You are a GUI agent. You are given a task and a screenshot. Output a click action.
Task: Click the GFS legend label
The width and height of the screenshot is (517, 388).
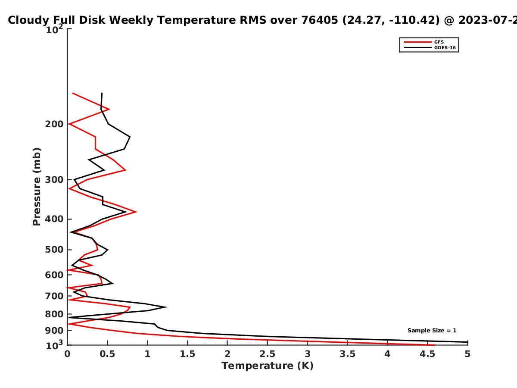coord(439,42)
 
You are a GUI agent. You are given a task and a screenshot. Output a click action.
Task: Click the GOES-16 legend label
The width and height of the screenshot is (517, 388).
coord(445,47)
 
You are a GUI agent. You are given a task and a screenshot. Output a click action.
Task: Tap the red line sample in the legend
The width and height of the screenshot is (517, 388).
coord(418,42)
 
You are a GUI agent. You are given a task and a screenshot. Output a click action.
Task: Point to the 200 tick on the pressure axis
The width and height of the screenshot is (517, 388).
coord(54,124)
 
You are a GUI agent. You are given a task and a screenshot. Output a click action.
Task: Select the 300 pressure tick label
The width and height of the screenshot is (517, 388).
coord(54,180)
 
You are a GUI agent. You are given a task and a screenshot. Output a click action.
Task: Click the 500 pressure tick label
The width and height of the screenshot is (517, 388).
coord(54,250)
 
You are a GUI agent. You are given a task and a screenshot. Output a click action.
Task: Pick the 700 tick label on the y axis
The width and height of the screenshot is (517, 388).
coord(54,296)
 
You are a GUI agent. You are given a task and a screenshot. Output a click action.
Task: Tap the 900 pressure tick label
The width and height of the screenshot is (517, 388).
coord(54,331)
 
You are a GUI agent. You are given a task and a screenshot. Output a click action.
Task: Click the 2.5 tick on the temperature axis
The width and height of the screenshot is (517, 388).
coord(268,354)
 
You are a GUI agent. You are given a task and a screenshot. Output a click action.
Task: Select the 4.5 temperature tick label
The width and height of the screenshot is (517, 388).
coord(427,354)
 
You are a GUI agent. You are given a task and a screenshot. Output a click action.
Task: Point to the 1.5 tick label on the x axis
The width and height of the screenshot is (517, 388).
coord(187,354)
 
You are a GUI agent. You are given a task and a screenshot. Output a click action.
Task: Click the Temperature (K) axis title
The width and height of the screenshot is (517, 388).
coord(268,366)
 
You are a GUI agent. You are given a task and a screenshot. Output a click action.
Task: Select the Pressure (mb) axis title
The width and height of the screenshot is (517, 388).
coord(37,187)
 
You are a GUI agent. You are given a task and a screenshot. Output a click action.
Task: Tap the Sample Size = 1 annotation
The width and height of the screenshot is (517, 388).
coord(432,331)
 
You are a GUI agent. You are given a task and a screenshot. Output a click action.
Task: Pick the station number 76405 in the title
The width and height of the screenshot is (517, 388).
coord(320,20)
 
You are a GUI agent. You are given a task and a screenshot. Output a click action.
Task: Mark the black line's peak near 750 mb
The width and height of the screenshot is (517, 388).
coord(166,307)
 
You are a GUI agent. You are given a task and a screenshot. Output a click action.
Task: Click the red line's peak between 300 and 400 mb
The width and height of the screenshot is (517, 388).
coord(136,212)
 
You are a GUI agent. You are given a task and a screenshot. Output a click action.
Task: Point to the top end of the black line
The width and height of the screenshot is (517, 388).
coord(102,93)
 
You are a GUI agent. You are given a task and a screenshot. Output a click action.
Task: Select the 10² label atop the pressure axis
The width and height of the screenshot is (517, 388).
coord(54,29)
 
